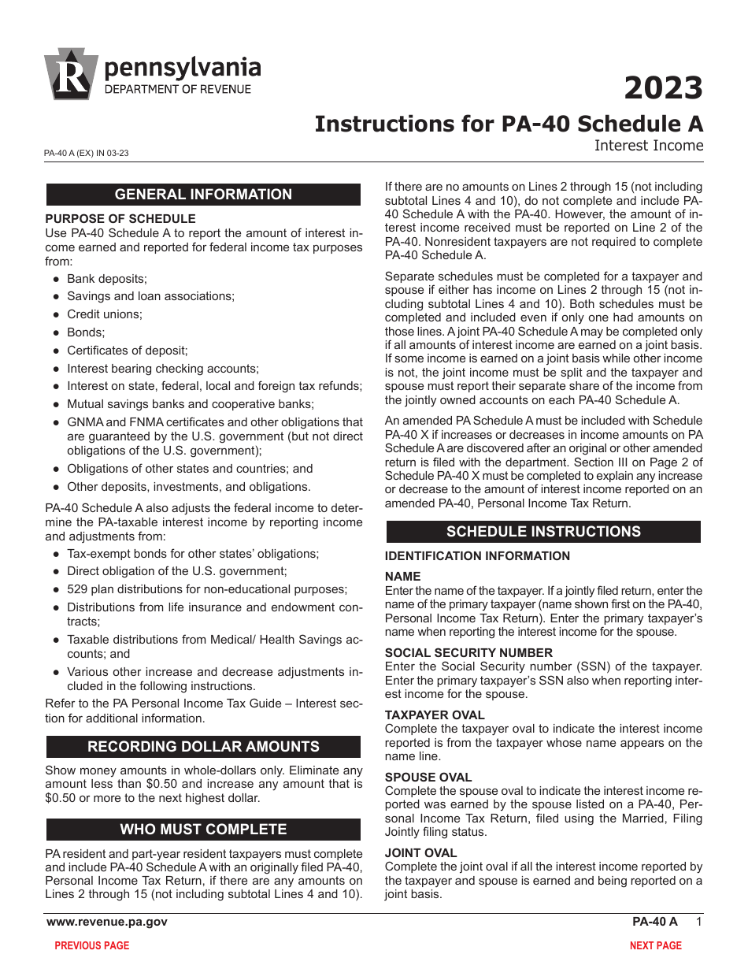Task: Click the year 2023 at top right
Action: [x=663, y=88]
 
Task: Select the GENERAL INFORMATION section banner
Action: [x=203, y=195]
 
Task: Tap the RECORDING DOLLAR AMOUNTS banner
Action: [x=203, y=747]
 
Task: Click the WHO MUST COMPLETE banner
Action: [x=203, y=830]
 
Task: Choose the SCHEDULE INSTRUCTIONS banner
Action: [x=543, y=532]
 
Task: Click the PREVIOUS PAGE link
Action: [x=91, y=945]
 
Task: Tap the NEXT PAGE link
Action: [x=655, y=945]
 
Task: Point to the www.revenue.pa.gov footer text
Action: [x=106, y=922]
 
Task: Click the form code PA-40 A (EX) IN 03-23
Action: [x=87, y=154]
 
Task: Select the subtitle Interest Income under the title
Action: [x=648, y=146]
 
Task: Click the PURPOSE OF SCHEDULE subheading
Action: [x=120, y=219]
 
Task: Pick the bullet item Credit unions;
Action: [x=105, y=314]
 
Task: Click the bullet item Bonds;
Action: [x=86, y=332]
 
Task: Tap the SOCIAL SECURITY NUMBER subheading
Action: [x=468, y=652]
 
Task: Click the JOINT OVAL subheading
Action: [x=420, y=853]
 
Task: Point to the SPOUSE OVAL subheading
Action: [x=428, y=777]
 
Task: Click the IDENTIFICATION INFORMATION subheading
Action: [x=477, y=556]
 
